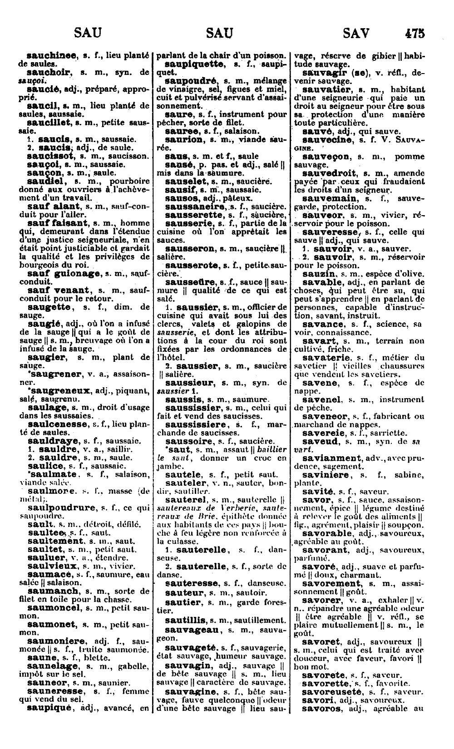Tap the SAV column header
click(356, 33)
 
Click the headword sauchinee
click(51, 56)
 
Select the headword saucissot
click(52, 156)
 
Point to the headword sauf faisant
click(57, 223)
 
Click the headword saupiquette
click(194, 64)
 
